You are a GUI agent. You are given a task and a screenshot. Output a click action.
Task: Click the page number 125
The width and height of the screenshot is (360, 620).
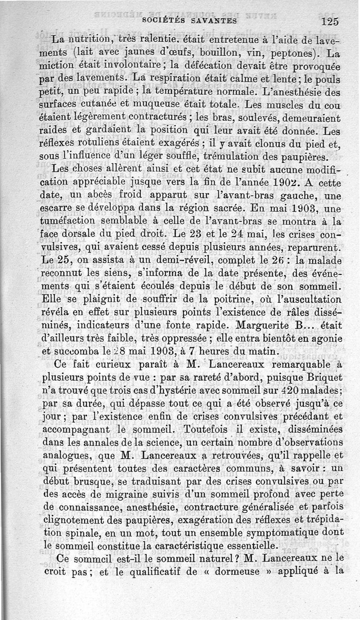[329, 21]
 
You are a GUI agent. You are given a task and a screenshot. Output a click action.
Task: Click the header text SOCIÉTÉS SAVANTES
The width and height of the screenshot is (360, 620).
[189, 21]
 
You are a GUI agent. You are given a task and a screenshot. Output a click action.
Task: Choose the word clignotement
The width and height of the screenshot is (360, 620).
[78, 520]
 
